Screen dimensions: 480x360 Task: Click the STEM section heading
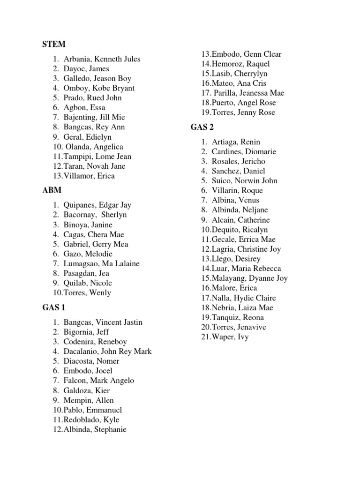[x=53, y=45]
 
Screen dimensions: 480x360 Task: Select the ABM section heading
[x=52, y=190]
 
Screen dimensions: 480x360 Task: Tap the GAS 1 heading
[x=53, y=307]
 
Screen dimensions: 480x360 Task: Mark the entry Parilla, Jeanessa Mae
[x=248, y=93]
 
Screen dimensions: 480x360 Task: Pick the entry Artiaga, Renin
[x=235, y=142]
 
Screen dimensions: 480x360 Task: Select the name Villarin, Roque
[x=237, y=190]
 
